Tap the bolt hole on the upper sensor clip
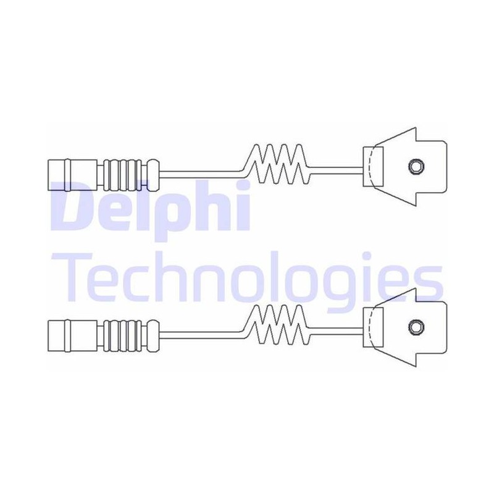416,166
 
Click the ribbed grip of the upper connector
123,175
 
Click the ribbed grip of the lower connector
123,336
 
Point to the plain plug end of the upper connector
72,175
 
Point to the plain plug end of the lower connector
72,336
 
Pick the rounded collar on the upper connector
153,175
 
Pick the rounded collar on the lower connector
153,336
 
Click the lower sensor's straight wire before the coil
202,335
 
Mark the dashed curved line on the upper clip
373,167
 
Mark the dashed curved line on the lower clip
373,328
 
